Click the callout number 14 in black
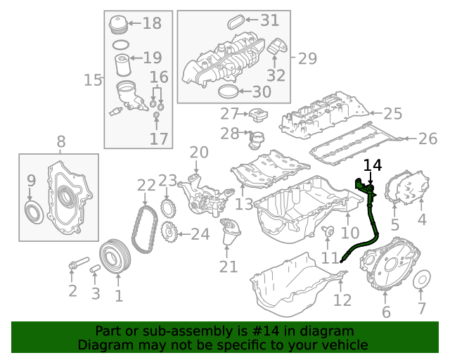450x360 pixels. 373,166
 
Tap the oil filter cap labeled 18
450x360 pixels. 117,25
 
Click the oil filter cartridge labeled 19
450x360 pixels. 123,65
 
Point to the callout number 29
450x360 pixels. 307,58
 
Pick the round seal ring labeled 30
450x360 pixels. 228,91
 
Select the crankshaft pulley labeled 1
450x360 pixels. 115,257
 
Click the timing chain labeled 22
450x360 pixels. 145,230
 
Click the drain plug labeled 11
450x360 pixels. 328,231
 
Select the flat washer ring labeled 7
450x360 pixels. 422,279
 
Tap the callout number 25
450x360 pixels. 393,113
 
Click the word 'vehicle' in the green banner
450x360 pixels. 343,345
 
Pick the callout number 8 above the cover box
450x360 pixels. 61,141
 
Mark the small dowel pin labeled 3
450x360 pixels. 95,269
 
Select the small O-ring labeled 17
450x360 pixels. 156,115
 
